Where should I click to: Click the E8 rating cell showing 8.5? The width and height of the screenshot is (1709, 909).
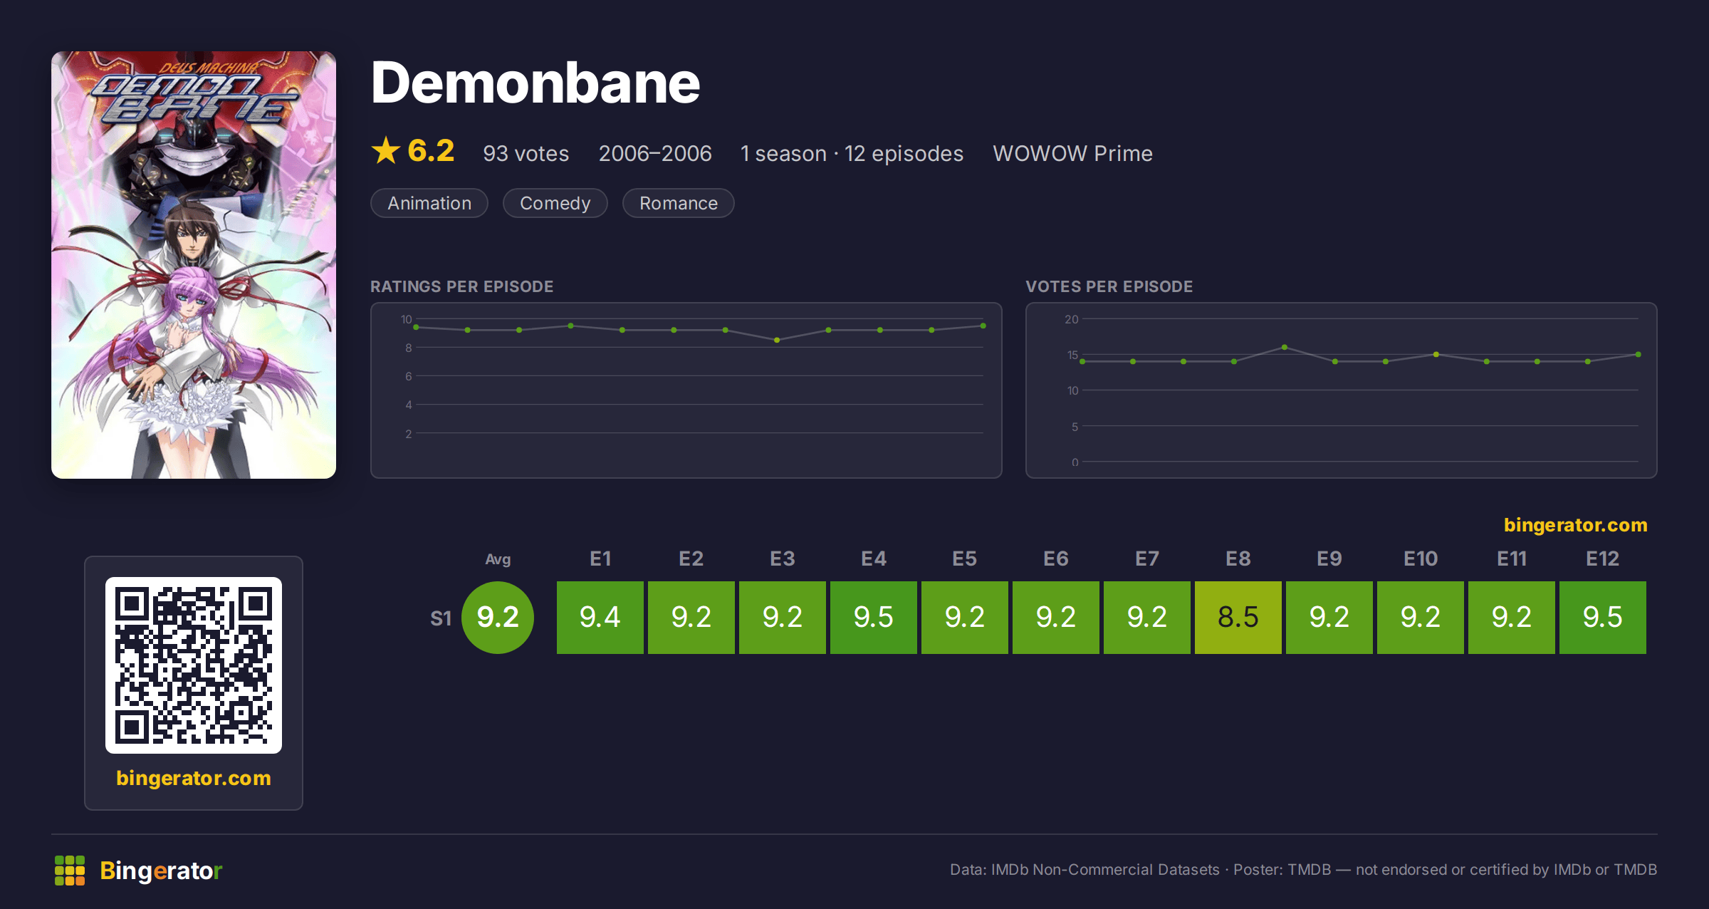point(1238,618)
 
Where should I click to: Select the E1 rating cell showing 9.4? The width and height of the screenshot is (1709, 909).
point(600,618)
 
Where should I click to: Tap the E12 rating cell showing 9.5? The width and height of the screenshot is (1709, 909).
point(1603,618)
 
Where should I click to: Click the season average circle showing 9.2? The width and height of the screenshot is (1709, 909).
point(498,618)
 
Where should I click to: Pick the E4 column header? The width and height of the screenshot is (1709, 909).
point(874,559)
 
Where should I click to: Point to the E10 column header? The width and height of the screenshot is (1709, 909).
point(1421,559)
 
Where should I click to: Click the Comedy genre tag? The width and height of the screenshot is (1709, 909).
point(555,203)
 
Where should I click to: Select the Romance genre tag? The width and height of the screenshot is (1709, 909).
point(679,203)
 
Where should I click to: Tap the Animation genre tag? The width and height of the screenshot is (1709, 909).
point(429,203)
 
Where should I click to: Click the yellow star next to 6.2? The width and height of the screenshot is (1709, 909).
point(386,150)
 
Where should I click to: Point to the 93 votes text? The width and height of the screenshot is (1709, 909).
point(526,153)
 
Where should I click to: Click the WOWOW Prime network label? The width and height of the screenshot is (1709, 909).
point(1073,153)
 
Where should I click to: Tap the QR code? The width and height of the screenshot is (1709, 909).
point(194,665)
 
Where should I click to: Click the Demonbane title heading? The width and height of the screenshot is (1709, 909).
point(535,83)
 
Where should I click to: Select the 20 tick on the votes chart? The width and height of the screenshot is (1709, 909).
point(1071,319)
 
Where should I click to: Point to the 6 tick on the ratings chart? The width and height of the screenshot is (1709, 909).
point(409,376)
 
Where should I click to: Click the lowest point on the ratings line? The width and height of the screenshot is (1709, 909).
point(777,340)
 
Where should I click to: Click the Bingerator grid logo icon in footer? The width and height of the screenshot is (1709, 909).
point(70,871)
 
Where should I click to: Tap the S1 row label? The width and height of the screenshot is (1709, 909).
point(441,618)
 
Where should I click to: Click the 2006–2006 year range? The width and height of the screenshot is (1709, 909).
point(655,153)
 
